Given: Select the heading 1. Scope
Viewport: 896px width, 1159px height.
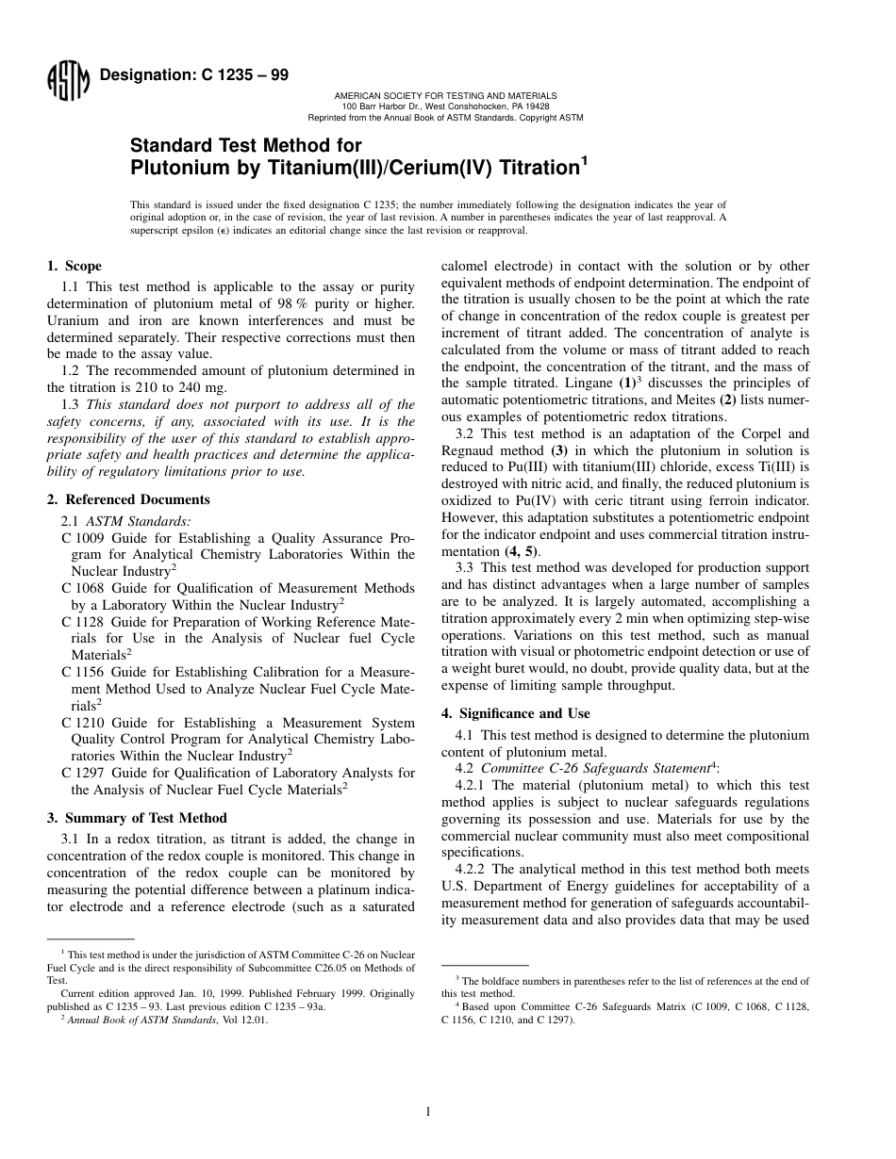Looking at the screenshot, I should (75, 266).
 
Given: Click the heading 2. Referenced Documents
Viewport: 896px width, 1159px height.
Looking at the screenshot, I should (128, 499).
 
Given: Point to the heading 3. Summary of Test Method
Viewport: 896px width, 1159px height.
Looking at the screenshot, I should (137, 818).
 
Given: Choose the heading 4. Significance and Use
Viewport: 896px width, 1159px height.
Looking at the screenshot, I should (509, 713).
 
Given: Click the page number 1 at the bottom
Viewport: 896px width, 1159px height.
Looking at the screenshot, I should (428, 1112).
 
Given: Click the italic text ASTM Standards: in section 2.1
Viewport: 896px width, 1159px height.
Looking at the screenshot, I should (138, 520).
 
